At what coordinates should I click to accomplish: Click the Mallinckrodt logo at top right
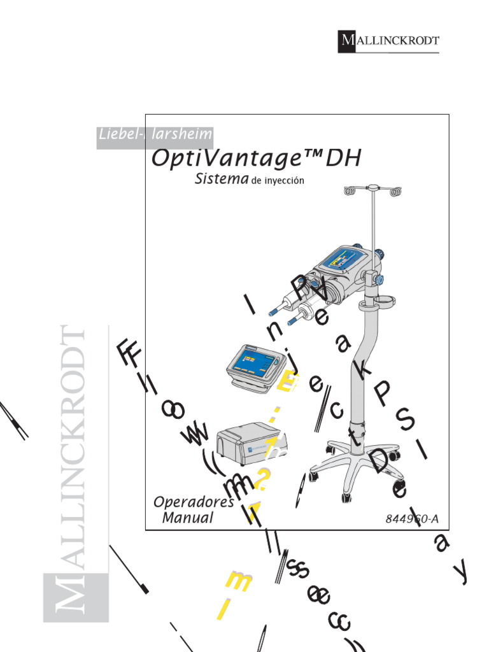click(388, 41)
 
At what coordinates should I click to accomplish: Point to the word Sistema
click(221, 180)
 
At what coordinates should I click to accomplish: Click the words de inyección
click(278, 181)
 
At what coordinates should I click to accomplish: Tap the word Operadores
click(194, 502)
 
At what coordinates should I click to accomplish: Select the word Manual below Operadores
click(188, 518)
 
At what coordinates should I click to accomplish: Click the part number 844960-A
click(412, 518)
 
